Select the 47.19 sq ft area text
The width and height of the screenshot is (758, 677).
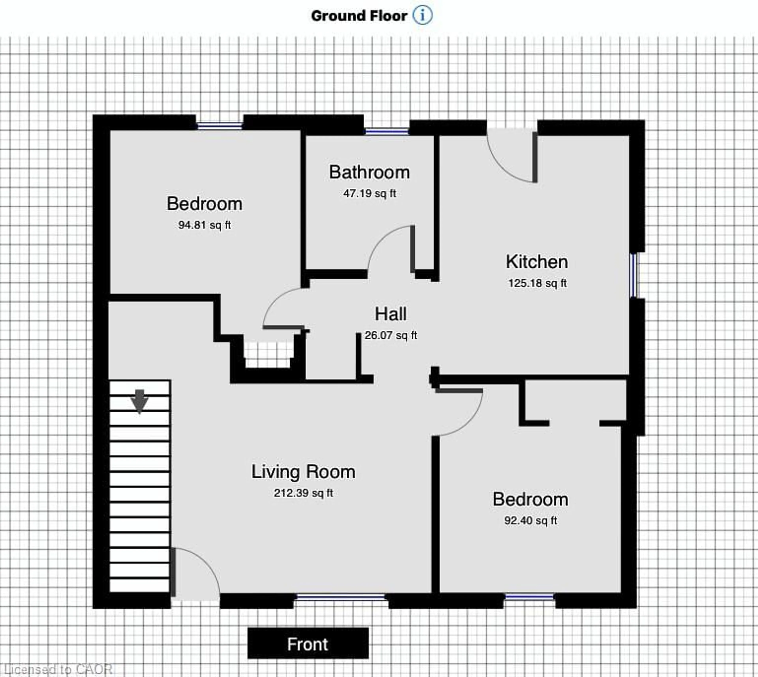[x=370, y=193]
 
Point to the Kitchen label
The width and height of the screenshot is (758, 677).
[x=537, y=262]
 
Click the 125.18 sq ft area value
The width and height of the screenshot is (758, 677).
[x=537, y=283]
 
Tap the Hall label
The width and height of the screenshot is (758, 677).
[x=390, y=314]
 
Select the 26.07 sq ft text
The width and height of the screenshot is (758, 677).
[x=391, y=335]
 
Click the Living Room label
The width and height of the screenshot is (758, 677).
[x=303, y=472]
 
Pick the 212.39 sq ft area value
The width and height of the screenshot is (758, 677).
[x=303, y=493]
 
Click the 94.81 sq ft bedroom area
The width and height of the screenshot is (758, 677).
[x=204, y=225]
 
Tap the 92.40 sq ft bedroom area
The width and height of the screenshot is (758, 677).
[x=530, y=520]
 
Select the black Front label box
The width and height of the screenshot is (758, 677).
[x=308, y=644]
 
